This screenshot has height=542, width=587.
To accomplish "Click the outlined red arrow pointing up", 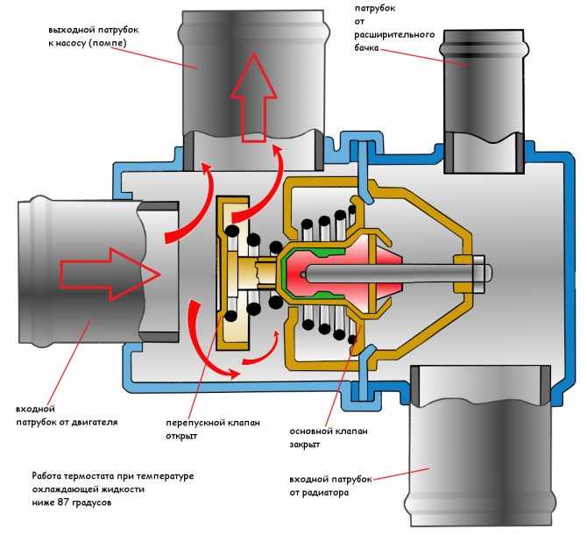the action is tap(254, 97).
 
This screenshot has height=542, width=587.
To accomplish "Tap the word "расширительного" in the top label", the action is tap(394, 35).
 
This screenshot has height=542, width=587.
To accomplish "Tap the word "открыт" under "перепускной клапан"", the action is tap(181, 436).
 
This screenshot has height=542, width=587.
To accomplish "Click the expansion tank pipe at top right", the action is tap(483, 101).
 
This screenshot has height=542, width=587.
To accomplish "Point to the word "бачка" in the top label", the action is tap(367, 48).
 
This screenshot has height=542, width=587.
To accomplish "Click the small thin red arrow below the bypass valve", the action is tap(262, 351).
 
